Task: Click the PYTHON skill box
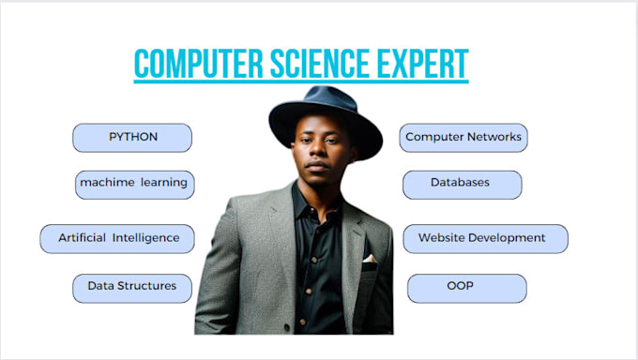point(132,138)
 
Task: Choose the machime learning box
point(134,184)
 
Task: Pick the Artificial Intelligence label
point(117,238)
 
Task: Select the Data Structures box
point(131,287)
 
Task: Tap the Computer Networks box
point(463,138)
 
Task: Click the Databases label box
point(461,184)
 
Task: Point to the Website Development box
point(485,238)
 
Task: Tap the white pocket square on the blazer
point(370,258)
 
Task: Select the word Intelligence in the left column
point(145,238)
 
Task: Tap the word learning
point(163,184)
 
